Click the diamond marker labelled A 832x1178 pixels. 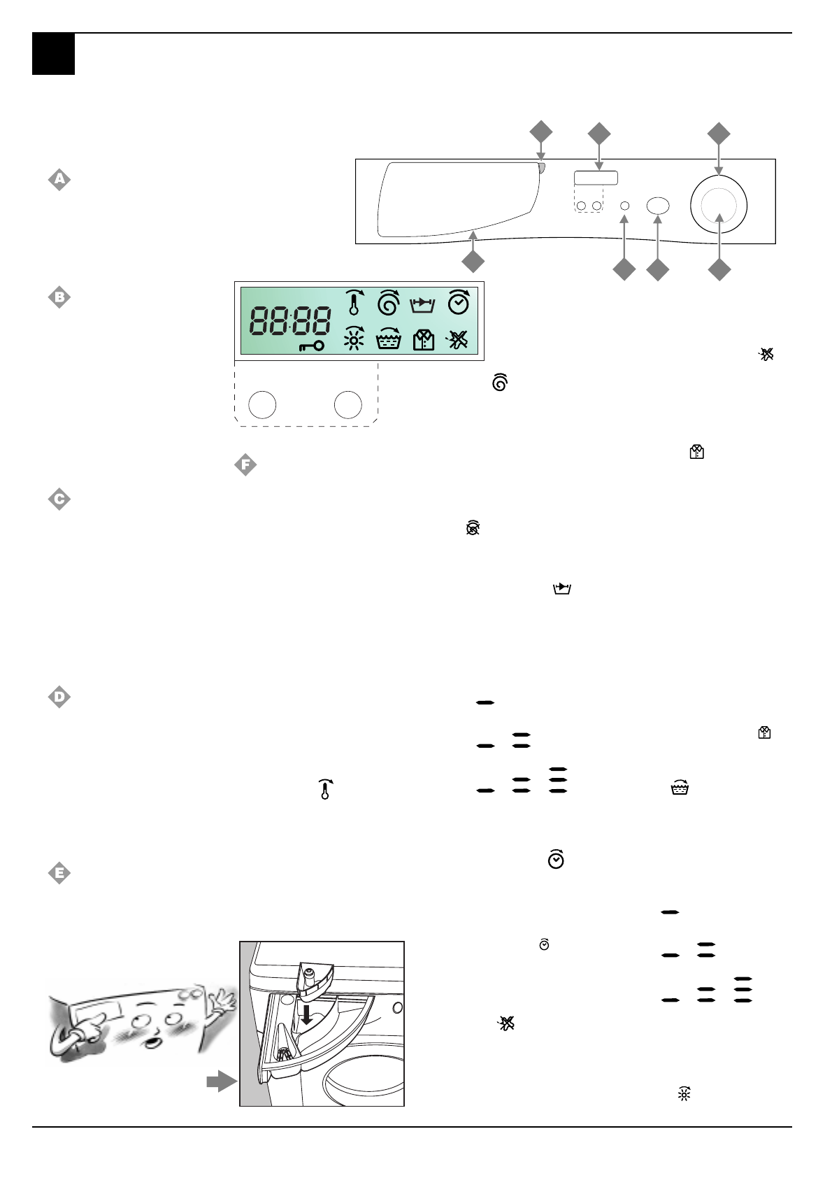click(59, 180)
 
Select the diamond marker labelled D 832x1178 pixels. click(59, 697)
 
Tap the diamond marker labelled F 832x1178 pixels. click(245, 464)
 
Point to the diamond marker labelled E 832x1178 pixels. click(59, 873)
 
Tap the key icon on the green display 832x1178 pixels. click(311, 346)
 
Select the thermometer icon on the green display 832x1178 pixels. click(354, 302)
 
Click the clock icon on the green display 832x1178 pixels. click(459, 302)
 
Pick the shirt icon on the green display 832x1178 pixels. click(424, 340)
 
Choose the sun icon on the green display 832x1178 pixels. click(354, 340)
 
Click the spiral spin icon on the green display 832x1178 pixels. click(388, 302)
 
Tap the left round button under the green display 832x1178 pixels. click(263, 404)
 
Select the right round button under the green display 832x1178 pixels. click(347, 404)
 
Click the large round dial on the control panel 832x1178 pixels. click(719, 206)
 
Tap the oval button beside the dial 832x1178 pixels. click(658, 206)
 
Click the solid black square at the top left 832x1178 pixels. click(53, 54)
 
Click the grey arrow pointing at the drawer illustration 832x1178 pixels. click(222, 1081)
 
